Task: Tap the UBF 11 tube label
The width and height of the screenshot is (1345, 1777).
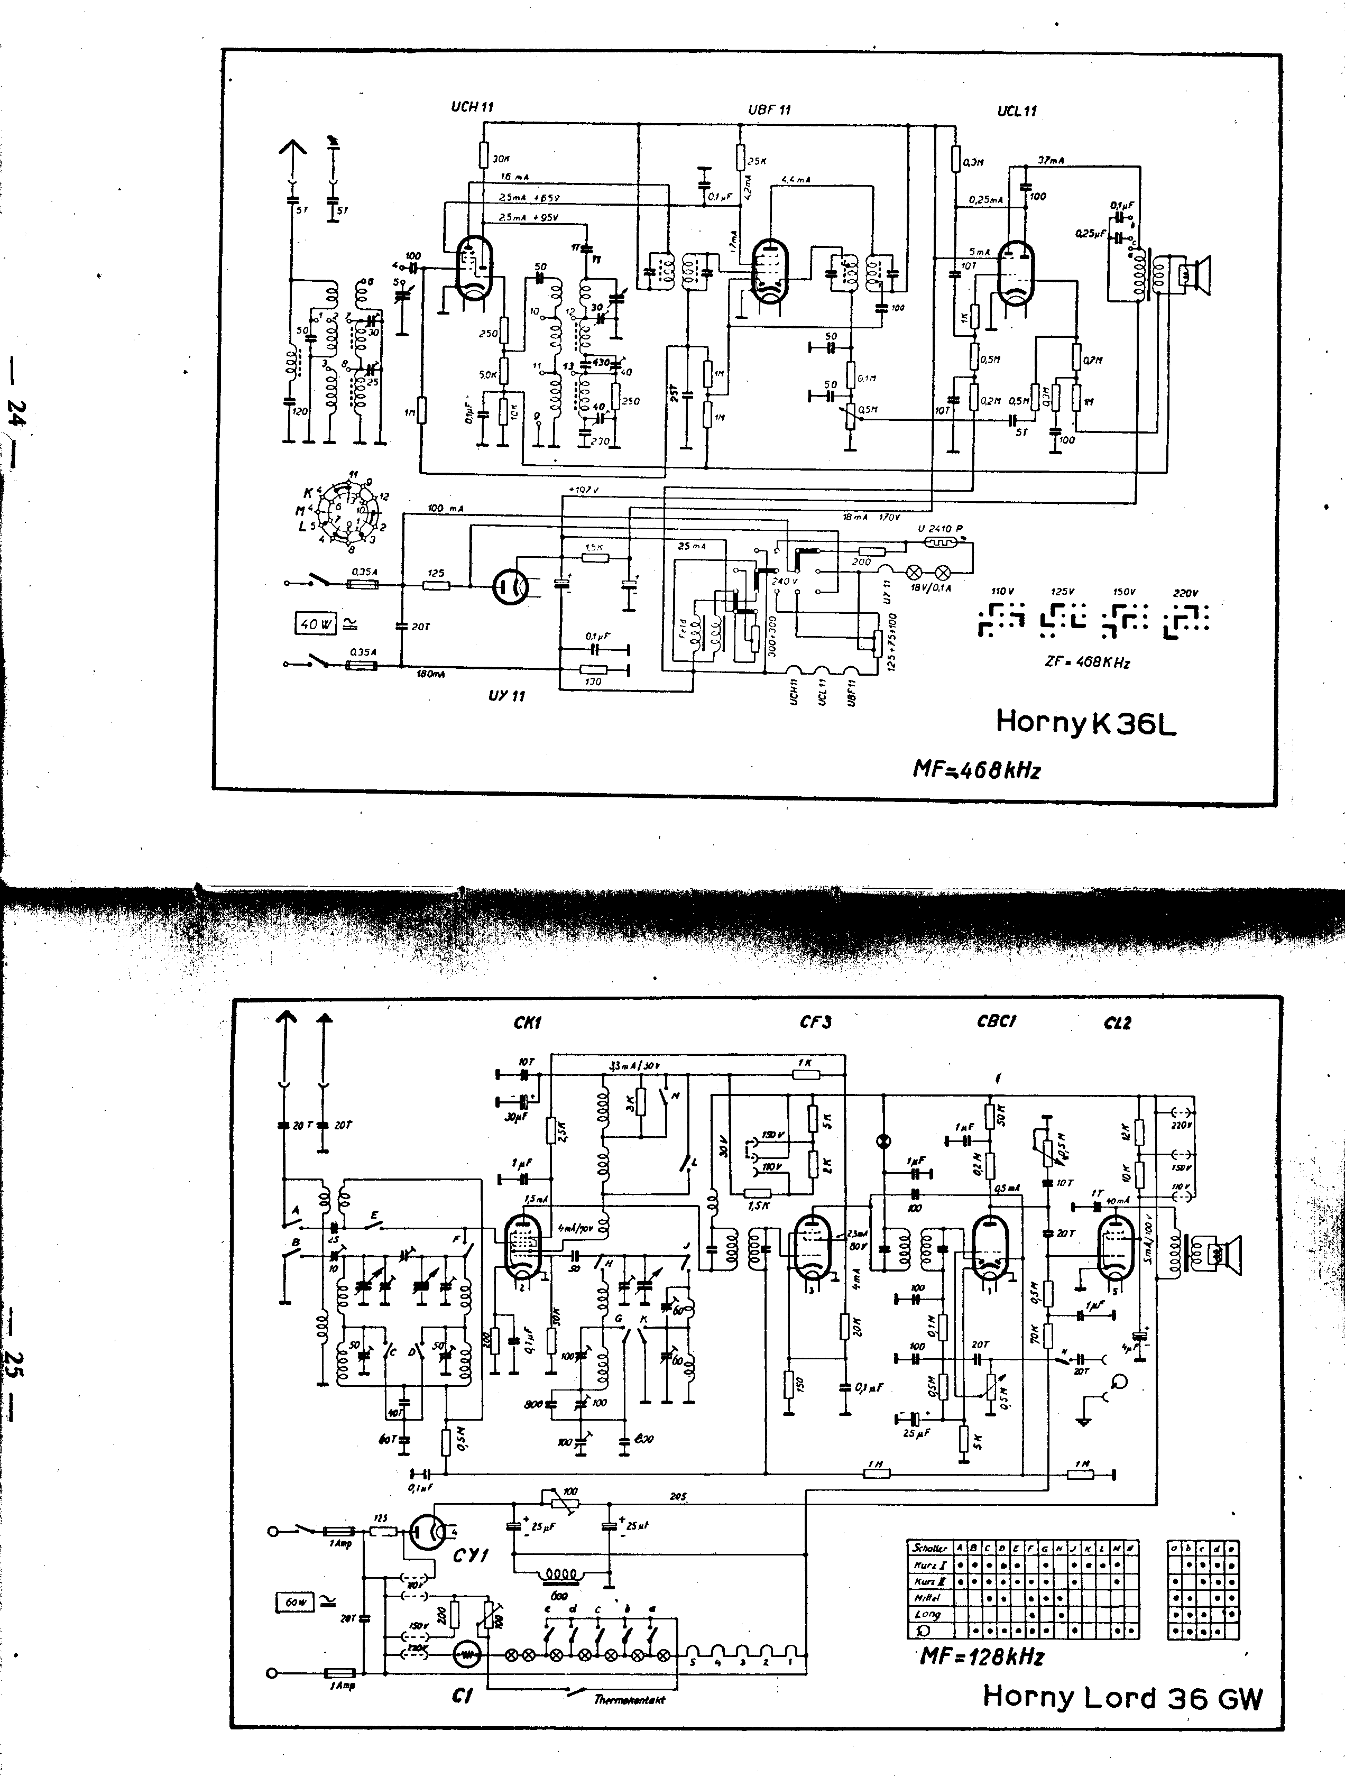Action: pyautogui.click(x=769, y=109)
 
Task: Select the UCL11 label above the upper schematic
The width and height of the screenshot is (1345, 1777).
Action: pyautogui.click(x=1016, y=111)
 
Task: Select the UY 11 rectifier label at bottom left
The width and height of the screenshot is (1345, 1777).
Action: pyautogui.click(x=506, y=695)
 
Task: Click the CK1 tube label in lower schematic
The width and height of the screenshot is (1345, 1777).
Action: pyautogui.click(x=527, y=1023)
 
